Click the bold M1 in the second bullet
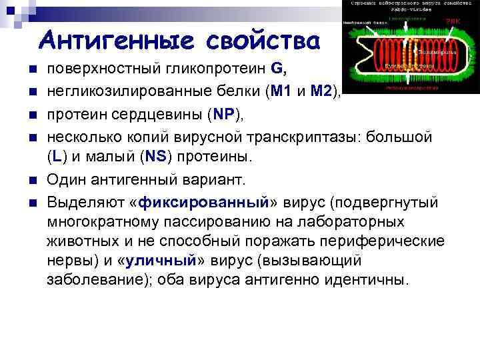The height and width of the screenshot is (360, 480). (276, 91)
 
